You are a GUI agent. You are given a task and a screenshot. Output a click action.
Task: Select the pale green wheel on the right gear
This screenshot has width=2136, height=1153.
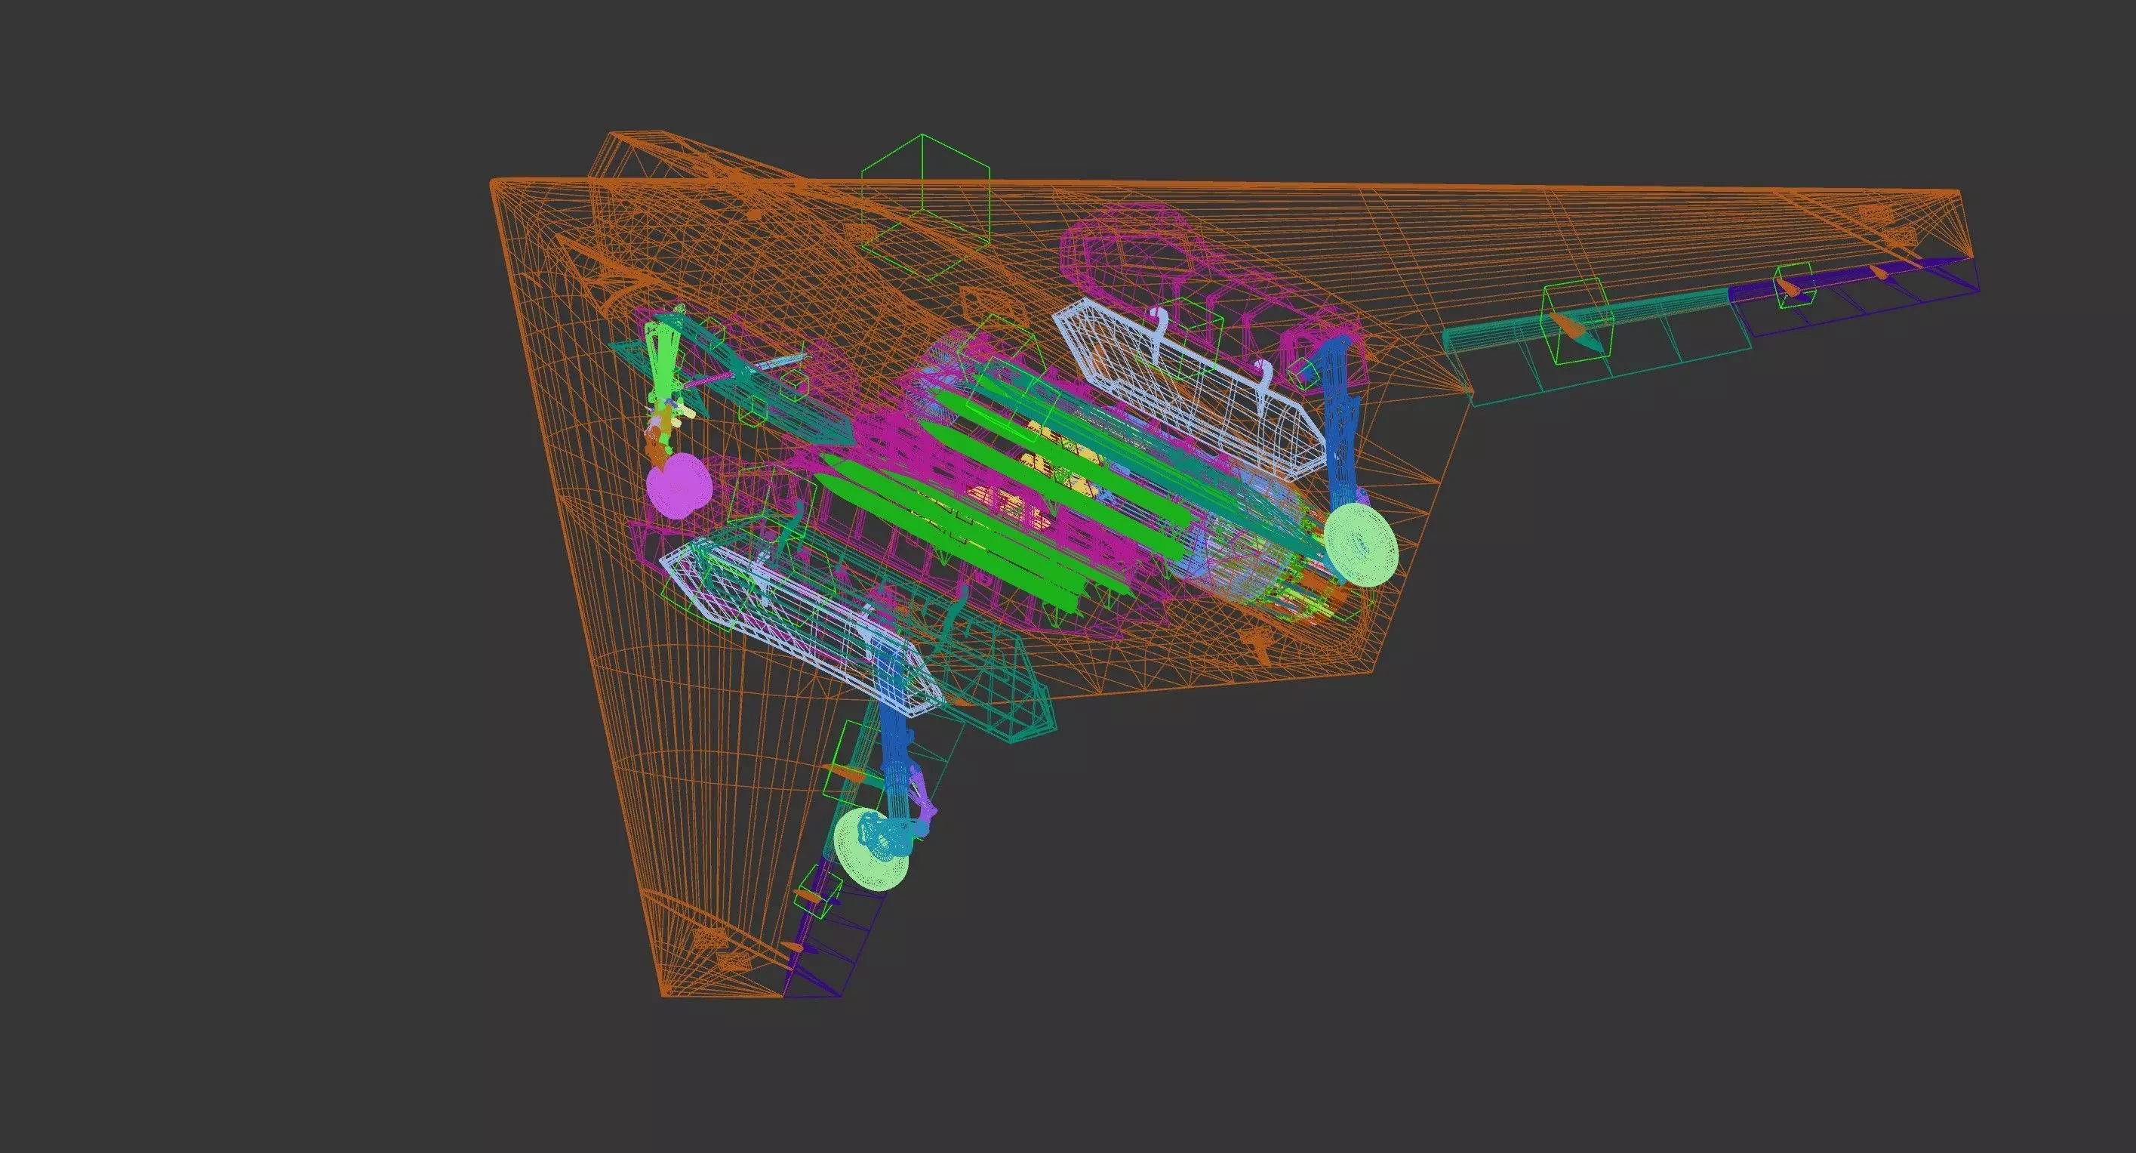[1360, 544]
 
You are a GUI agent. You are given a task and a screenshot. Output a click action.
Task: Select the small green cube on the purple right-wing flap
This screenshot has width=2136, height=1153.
[1792, 285]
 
